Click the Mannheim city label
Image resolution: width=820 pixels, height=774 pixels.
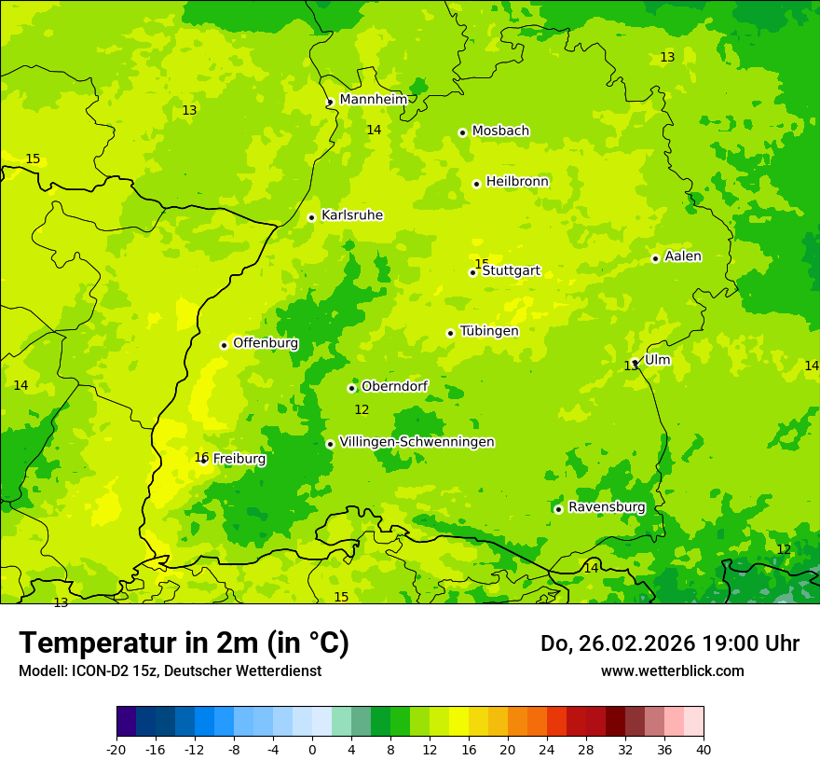click(x=373, y=100)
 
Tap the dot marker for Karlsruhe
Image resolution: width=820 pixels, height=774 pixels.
click(x=311, y=217)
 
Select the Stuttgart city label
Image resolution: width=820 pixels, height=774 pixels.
click(x=511, y=271)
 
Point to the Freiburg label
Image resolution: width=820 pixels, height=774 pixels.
click(x=239, y=459)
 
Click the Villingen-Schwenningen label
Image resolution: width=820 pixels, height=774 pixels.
click(x=417, y=442)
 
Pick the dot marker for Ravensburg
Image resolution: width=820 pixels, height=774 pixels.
click(x=558, y=509)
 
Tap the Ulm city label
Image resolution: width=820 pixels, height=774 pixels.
click(x=657, y=360)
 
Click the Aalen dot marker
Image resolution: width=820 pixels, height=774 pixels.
click(x=655, y=258)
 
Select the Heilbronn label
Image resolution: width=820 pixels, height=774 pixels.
click(x=517, y=182)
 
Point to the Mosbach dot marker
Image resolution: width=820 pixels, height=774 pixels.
click(x=462, y=132)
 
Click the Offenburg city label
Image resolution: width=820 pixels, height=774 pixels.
click(x=266, y=343)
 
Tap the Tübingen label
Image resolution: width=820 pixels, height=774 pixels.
click(x=489, y=331)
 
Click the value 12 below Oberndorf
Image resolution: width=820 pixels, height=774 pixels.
click(x=362, y=409)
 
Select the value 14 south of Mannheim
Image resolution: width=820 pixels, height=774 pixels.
click(x=374, y=130)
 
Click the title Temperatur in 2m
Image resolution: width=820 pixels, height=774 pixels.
click(x=184, y=643)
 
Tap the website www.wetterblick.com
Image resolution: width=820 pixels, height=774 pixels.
click(x=672, y=670)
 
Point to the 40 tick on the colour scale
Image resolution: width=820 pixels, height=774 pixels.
click(x=703, y=748)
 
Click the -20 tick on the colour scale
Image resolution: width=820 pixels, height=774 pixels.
click(x=116, y=748)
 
